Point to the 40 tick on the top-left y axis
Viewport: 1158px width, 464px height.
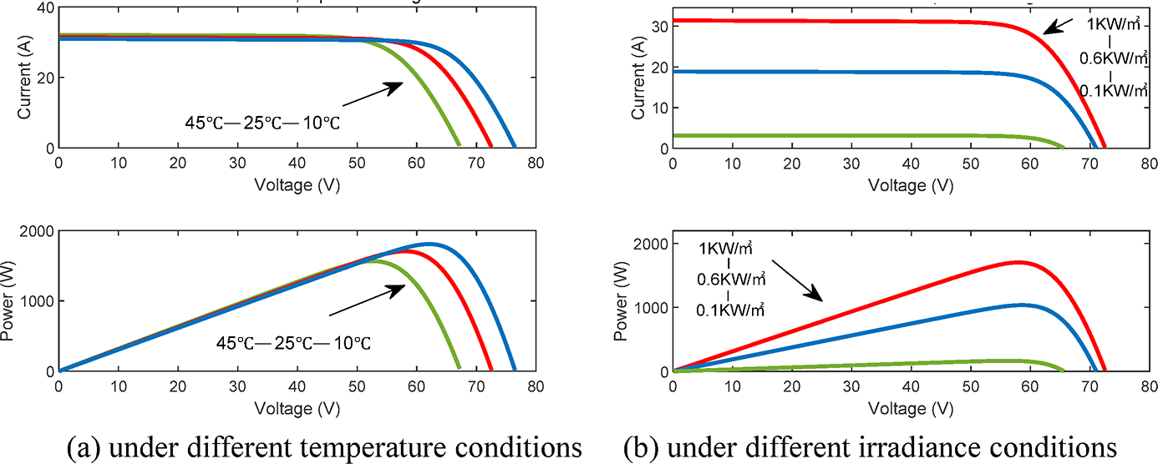[x=42, y=8]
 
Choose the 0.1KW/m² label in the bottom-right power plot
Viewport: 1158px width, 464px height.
[x=731, y=310]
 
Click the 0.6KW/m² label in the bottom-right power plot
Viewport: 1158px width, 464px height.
[x=731, y=279]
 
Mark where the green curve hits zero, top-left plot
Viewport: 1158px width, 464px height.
[x=458, y=146]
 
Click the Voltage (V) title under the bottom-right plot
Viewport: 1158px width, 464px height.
[x=911, y=409]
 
